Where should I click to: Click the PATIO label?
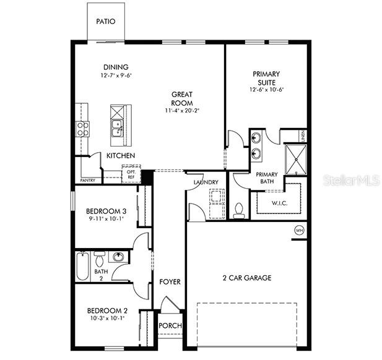pos(106,22)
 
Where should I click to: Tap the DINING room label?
pos(116,67)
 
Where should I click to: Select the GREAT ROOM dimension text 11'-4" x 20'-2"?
pos(181,111)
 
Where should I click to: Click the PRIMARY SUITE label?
pos(266,78)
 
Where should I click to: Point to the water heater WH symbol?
pos(300,230)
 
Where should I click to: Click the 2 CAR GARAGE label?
pos(246,278)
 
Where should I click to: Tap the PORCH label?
pos(170,326)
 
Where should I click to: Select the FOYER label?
pos(170,282)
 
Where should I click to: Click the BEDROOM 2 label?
pos(107,311)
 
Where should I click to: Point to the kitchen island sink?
pos(116,128)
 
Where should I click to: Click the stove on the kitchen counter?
pos(82,128)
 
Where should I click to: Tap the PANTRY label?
pos(87,181)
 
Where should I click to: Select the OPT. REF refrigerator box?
pos(131,174)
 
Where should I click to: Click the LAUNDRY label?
pos(205,182)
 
